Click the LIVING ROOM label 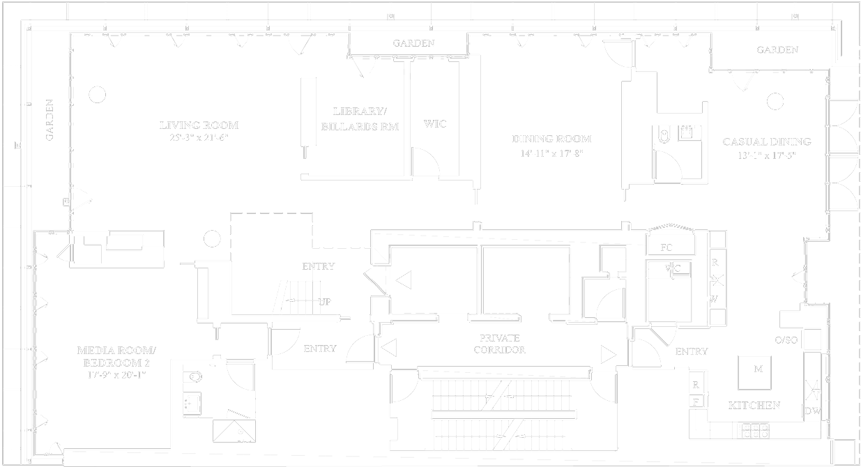coord(199,125)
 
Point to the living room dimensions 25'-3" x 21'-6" coord(199,138)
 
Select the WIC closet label coord(435,124)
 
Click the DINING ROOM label coord(551,139)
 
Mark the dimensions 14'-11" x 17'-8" coord(551,153)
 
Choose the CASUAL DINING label coord(766,141)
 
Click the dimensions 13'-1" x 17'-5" coord(766,155)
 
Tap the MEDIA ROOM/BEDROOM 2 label coord(116,356)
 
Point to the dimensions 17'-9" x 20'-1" coord(116,375)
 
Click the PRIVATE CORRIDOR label coord(498,344)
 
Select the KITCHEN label coord(754,405)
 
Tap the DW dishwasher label coord(813,411)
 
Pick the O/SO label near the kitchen coord(786,339)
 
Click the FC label coord(666,247)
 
